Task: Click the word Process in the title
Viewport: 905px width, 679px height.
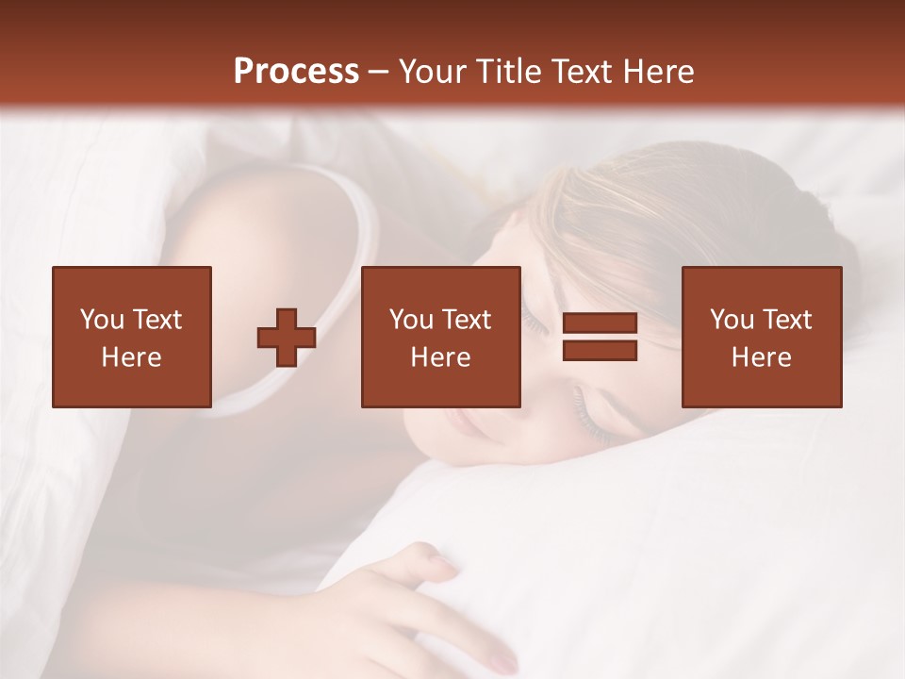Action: click(x=296, y=72)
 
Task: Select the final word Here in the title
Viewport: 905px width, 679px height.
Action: click(x=661, y=72)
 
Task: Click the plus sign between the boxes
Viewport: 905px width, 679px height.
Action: click(x=287, y=337)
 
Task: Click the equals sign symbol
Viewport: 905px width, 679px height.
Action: click(x=600, y=337)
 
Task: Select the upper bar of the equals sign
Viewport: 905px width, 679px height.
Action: click(x=600, y=324)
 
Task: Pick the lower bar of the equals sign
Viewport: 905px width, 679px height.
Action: click(x=600, y=350)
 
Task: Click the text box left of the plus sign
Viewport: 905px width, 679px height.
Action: click(x=131, y=337)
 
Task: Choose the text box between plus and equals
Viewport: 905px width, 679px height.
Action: click(x=440, y=337)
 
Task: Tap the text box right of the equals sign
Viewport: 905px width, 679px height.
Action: click(x=761, y=337)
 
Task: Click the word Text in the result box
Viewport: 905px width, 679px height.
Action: click(x=786, y=320)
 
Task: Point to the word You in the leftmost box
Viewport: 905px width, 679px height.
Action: click(x=102, y=320)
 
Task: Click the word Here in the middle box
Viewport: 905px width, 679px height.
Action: click(x=440, y=357)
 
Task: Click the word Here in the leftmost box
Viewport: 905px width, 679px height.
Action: click(x=131, y=357)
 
